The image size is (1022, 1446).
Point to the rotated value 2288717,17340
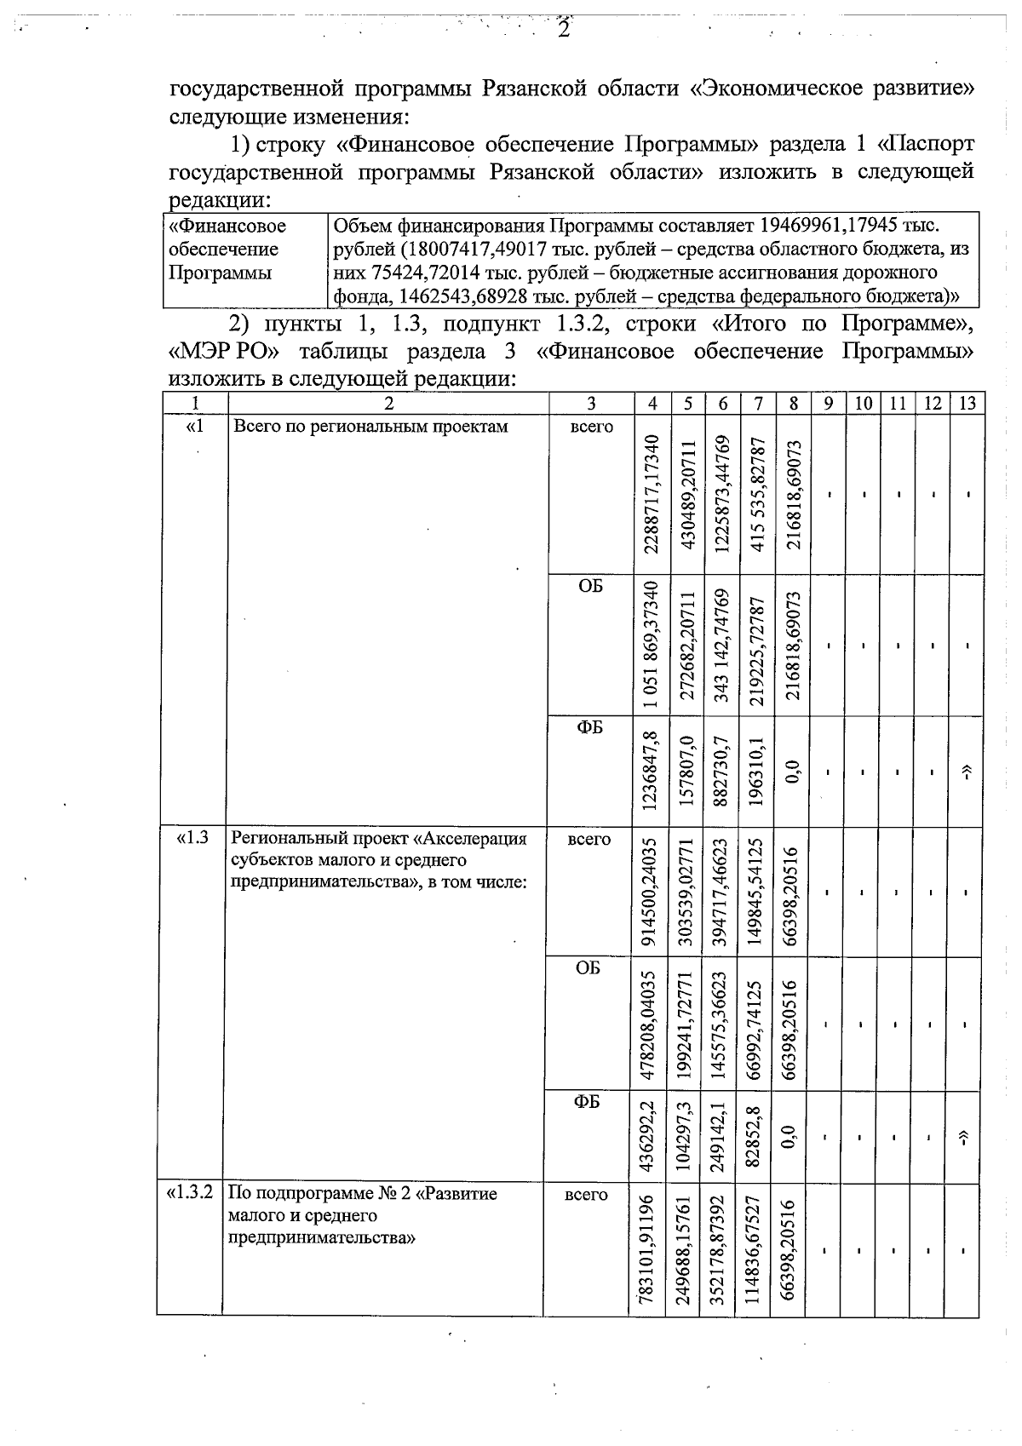point(653,495)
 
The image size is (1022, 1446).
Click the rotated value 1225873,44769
point(723,495)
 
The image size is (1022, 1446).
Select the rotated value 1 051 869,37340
point(653,645)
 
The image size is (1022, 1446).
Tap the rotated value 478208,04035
point(653,1024)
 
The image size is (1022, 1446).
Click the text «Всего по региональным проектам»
point(370,427)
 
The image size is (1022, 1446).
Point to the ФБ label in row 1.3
point(588,1101)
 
